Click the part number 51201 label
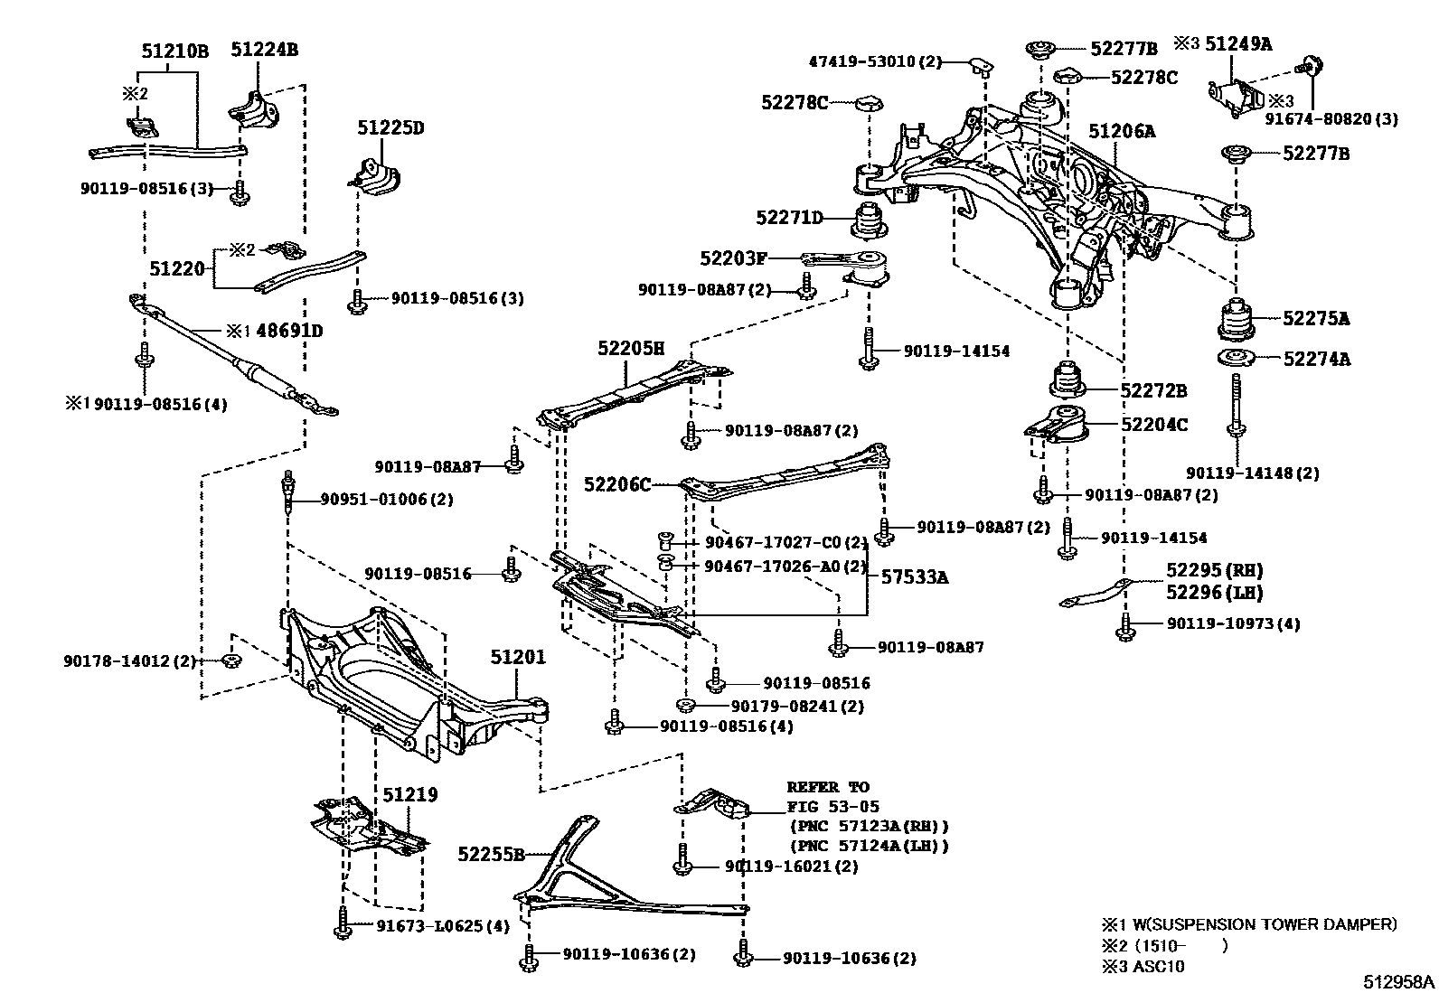tap(518, 657)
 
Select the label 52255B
tap(491, 854)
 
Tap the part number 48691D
tap(289, 331)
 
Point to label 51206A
tap(1122, 132)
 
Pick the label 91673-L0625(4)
tap(443, 926)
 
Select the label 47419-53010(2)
tap(875, 62)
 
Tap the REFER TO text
tap(827, 787)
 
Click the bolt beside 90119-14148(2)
tap(1236, 411)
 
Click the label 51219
tap(409, 795)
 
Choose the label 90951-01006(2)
tap(387, 500)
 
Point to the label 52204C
tap(1154, 424)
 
